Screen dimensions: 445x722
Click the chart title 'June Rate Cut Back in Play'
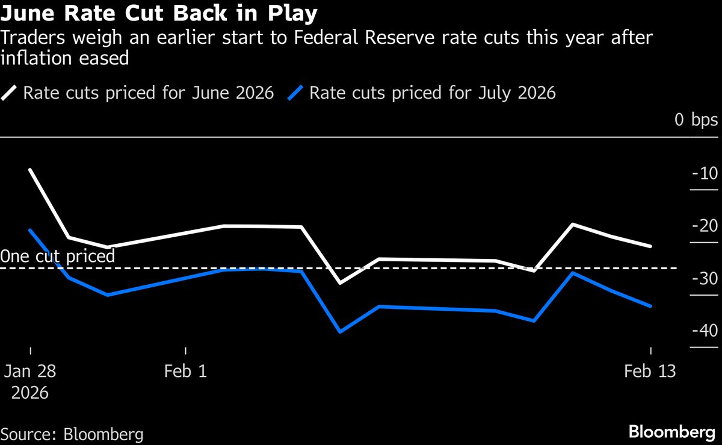pos(159,13)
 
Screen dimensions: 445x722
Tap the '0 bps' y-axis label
pos(696,120)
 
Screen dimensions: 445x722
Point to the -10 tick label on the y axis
pos(703,174)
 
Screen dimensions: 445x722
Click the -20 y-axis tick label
pos(702,226)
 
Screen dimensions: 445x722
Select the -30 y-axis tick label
pos(702,279)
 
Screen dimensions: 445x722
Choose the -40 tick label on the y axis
pos(702,331)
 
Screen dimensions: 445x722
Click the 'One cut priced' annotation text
pos(58,257)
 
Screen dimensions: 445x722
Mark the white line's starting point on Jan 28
pos(30,170)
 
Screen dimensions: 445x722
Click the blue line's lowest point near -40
pos(341,332)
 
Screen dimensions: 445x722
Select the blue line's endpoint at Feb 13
pos(650,306)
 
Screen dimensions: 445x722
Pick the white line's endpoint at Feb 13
pos(650,246)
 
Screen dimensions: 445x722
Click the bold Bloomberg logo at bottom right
pos(673,432)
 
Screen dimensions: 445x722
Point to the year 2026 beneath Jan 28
pos(30,393)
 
